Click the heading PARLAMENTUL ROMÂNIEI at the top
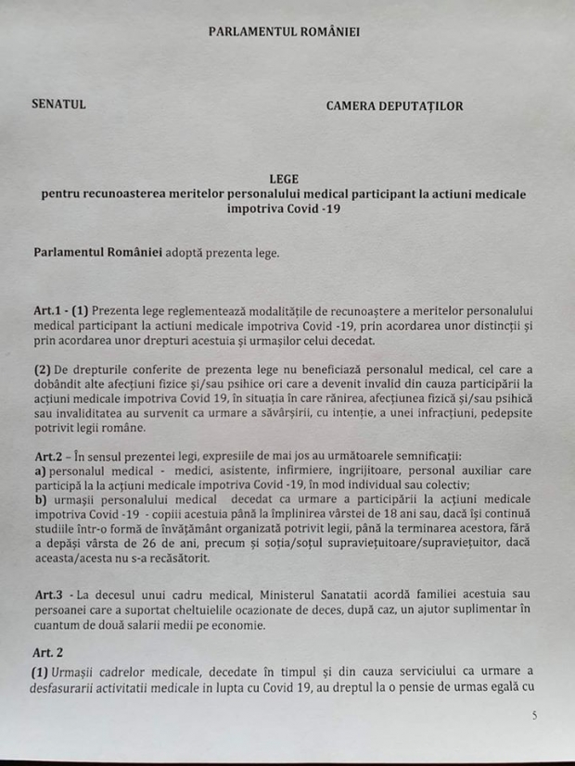click(x=283, y=31)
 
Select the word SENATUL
click(x=59, y=105)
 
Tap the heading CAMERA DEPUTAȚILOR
click(x=395, y=106)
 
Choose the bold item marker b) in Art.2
click(x=40, y=501)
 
